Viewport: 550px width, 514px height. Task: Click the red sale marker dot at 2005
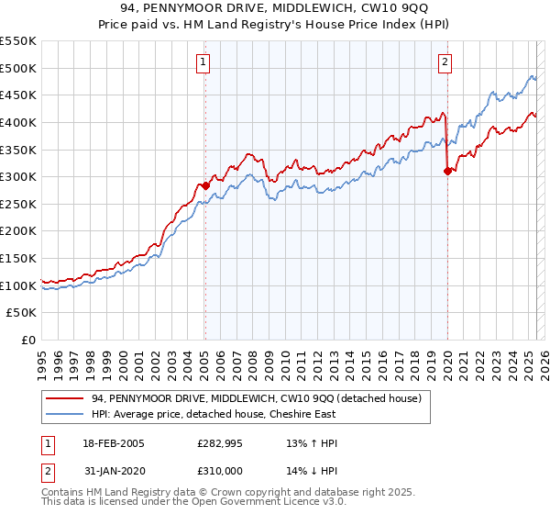click(205, 185)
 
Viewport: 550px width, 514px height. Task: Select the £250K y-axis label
click(18, 204)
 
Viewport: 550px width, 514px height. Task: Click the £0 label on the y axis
click(28, 340)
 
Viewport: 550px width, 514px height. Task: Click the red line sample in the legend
click(65, 398)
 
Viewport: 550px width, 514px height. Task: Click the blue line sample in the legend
click(65, 415)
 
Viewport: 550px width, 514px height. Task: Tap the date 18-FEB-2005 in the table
click(106, 443)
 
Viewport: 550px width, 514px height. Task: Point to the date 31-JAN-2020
click(106, 469)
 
